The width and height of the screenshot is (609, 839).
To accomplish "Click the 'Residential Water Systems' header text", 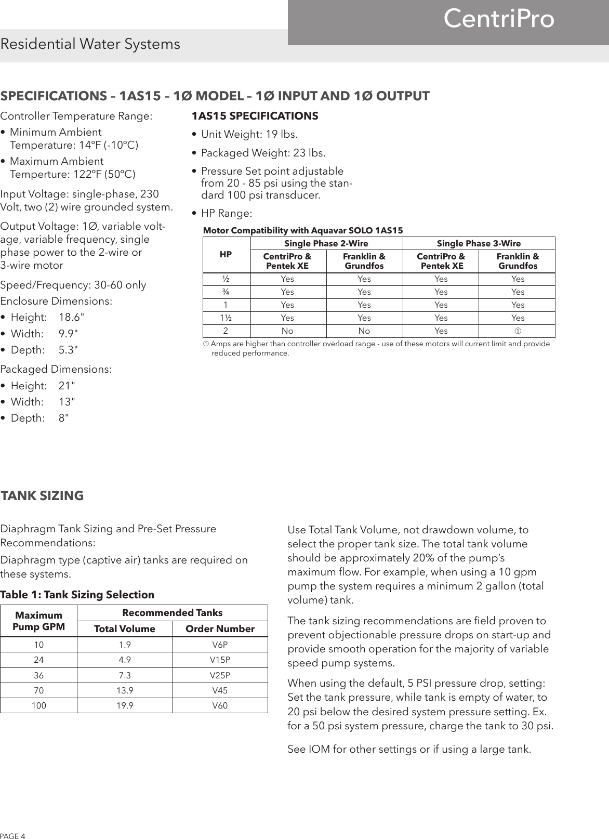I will (90, 44).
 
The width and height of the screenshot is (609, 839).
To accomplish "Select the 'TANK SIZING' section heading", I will (42, 496).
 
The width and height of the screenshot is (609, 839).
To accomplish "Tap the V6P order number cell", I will (220, 645).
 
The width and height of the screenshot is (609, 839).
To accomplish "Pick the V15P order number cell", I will (220, 660).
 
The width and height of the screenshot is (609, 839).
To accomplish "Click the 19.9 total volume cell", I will (125, 706).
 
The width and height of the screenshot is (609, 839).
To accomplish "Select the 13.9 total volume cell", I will (125, 691).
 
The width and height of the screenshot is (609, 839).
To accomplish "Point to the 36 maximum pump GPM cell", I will (39, 675).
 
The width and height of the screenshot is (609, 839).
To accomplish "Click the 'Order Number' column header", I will (220, 629).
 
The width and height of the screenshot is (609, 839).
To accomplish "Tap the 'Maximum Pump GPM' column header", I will (39, 621).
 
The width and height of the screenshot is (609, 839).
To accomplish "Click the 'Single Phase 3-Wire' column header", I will (479, 243).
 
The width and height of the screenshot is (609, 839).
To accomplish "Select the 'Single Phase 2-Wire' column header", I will (326, 243).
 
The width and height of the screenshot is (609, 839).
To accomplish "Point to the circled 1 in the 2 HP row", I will (518, 331).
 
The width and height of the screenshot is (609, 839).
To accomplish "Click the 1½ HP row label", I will (226, 318).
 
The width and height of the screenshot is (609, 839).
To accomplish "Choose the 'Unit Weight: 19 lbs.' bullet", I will (249, 135).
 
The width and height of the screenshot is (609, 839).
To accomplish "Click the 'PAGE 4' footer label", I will (12, 835).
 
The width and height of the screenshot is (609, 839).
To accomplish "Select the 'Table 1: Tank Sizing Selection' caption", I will (77, 595).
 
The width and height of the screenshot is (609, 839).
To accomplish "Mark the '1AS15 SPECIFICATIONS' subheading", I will (255, 115).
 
